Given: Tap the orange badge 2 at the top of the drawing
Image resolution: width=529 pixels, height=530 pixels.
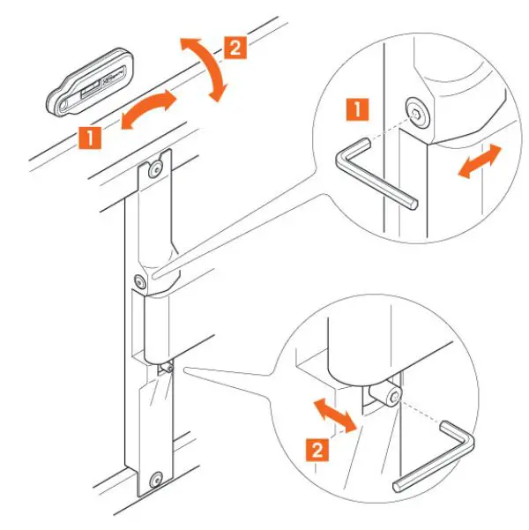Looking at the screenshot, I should point(235,47).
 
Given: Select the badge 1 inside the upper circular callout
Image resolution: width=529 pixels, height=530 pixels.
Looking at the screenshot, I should point(358,110).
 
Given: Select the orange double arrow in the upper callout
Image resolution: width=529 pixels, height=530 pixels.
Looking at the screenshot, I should point(479,161).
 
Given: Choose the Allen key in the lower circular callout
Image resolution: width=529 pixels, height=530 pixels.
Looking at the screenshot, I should point(440,459).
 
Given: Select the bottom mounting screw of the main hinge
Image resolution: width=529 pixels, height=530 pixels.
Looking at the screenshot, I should point(155,479).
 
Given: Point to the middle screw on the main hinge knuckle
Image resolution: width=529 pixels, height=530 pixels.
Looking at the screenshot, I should point(139,281).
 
